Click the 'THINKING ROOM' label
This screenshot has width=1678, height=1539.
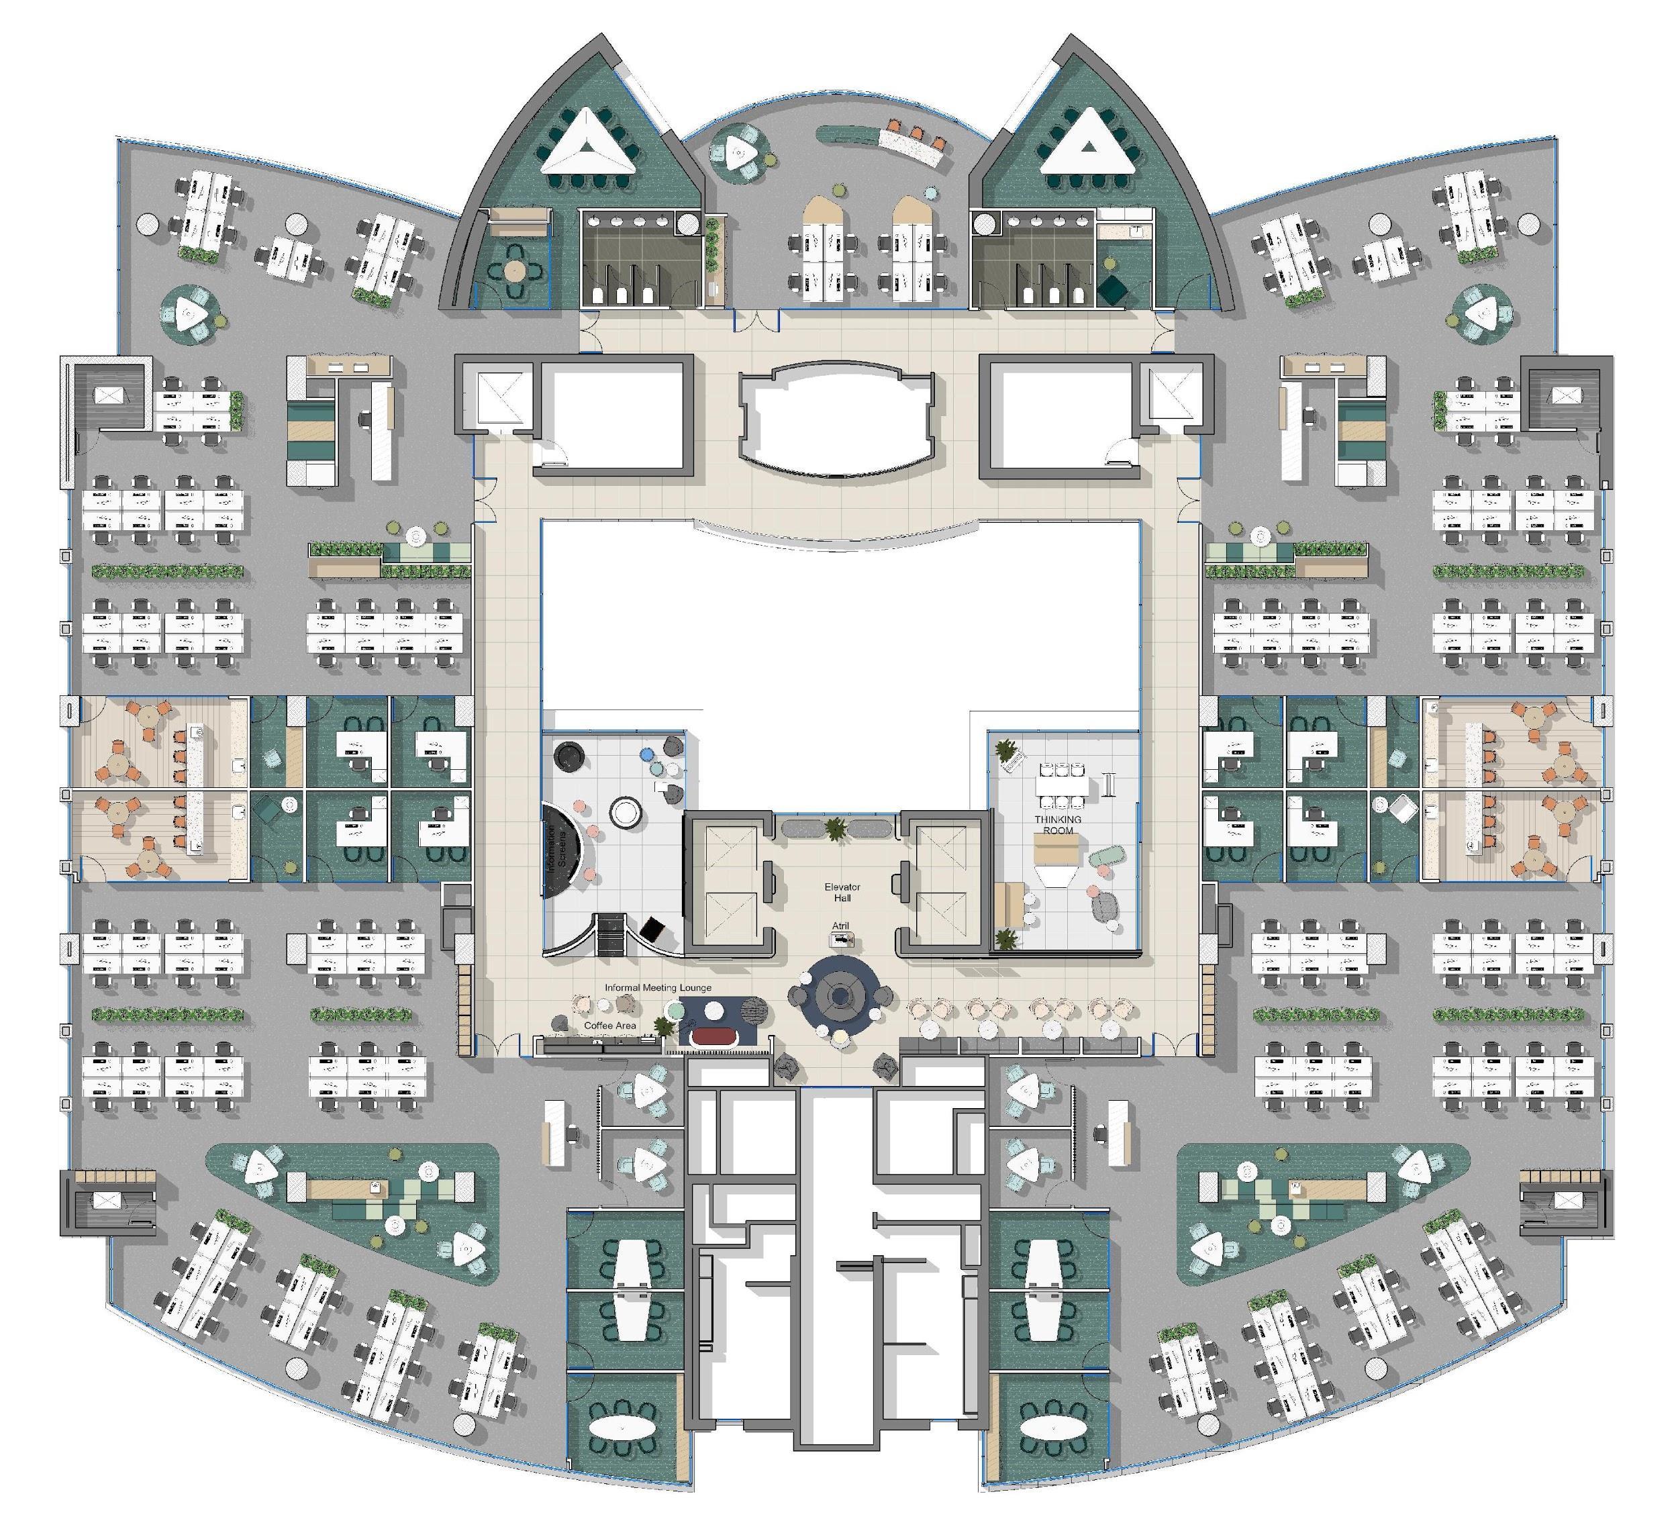click(1058, 824)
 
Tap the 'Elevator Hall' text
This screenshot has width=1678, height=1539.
click(842, 892)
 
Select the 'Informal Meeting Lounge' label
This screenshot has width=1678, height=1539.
click(658, 988)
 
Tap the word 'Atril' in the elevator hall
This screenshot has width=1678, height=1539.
click(841, 926)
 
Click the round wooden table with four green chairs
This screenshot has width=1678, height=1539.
click(515, 270)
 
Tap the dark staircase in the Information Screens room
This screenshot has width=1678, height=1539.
click(609, 933)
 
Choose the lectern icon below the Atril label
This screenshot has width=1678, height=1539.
click(841, 940)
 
